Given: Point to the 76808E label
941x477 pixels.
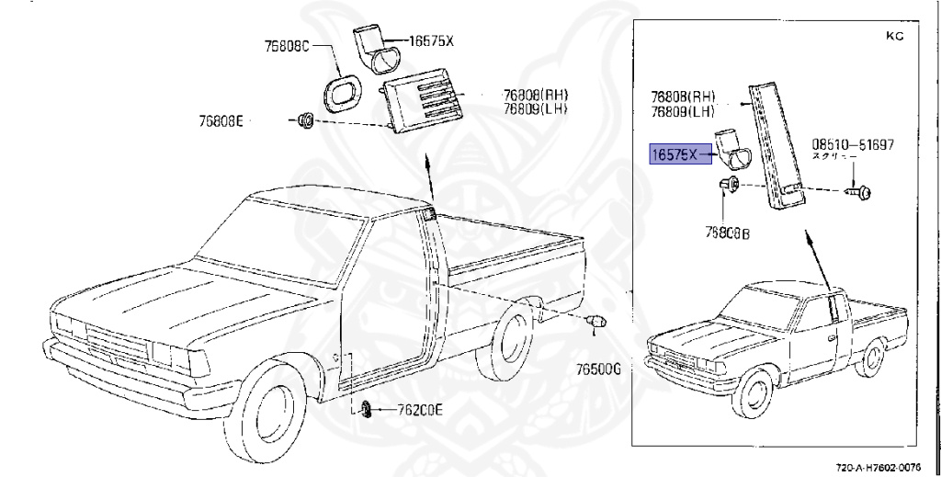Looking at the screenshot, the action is coord(221,120).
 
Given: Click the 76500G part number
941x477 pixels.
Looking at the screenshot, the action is coord(599,369).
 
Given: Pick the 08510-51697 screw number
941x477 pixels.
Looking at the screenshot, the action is coord(853,145).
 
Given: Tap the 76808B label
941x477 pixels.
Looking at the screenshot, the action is coord(728,234).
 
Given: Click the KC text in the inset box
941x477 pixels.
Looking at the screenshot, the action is coord(894,37).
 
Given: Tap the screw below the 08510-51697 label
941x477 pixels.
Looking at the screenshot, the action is coord(861,192).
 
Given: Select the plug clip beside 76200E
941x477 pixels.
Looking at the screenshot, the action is coord(366,409).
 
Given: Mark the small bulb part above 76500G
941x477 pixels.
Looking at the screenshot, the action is coord(596,322).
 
